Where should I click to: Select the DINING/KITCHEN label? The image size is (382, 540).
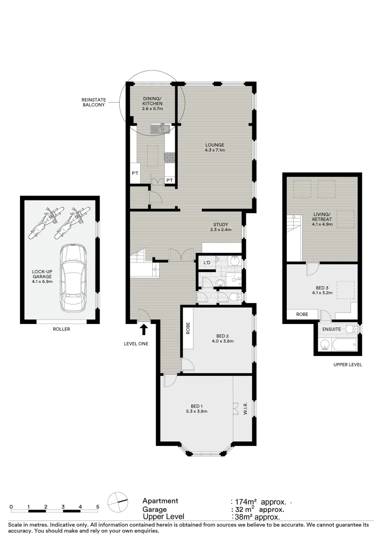coord(152,103)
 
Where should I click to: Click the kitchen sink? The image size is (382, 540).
coord(160,129)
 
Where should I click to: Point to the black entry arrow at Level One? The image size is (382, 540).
coord(144,329)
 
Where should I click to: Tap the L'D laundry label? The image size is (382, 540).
coord(206,262)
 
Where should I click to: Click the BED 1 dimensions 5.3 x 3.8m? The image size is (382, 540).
coord(196,411)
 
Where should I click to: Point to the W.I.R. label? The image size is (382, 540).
coord(245,408)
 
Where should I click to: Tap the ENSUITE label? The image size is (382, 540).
coord(332,329)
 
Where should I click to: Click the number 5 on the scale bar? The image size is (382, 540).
coord(98,506)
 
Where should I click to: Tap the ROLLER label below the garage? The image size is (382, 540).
coord(61,329)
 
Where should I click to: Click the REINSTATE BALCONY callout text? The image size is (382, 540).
coord(93,102)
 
